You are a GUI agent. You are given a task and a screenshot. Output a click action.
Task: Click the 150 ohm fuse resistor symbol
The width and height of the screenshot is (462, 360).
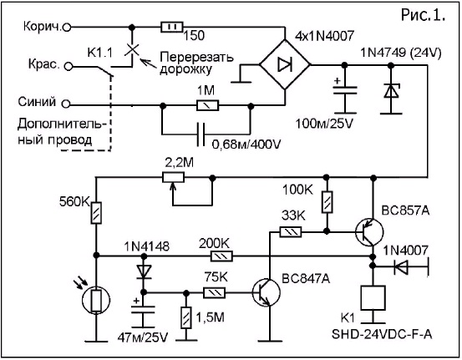tap(172, 27)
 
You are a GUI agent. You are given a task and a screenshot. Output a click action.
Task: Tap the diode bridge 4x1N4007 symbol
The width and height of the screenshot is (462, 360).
tap(285, 64)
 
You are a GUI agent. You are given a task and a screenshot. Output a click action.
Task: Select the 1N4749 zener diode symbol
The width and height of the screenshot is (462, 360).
tap(391, 91)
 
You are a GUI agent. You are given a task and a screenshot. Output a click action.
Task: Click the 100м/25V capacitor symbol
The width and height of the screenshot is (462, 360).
tap(345, 90)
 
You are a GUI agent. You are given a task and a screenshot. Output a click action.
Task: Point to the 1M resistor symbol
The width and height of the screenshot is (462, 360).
tap(208, 105)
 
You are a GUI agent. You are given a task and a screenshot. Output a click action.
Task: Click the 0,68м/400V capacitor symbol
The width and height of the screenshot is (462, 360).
tap(201, 134)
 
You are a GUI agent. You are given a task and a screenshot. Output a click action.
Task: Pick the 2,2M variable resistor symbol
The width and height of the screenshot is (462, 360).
tap(174, 178)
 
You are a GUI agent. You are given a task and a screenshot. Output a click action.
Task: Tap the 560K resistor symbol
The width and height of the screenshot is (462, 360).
tap(96, 213)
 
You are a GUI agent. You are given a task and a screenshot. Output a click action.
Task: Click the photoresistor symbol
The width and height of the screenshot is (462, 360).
tap(96, 301)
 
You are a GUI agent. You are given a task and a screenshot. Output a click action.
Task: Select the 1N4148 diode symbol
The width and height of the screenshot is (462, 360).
tap(144, 271)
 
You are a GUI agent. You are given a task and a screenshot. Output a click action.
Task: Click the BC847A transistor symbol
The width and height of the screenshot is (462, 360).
tap(266, 292)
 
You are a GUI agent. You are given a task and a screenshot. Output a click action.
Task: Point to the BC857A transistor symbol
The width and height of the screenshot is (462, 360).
tap(369, 232)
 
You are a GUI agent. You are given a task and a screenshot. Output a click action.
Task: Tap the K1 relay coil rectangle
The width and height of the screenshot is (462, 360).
tap(373, 298)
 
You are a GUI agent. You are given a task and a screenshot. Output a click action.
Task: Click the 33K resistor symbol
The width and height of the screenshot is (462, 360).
tap(291, 232)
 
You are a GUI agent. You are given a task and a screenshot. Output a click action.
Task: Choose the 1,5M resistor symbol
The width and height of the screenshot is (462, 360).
tap(186, 318)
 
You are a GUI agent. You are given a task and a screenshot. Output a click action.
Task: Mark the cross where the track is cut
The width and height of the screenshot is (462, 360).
tap(132, 49)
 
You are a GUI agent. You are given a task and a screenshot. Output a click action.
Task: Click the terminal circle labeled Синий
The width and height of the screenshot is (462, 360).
tap(66, 104)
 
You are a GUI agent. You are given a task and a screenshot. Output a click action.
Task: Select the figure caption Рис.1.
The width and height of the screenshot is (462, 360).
tap(423, 15)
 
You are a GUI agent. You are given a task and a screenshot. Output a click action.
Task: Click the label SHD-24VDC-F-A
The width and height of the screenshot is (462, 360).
tap(382, 334)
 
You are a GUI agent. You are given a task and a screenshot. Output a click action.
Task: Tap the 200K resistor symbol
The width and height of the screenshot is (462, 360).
tap(221, 256)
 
